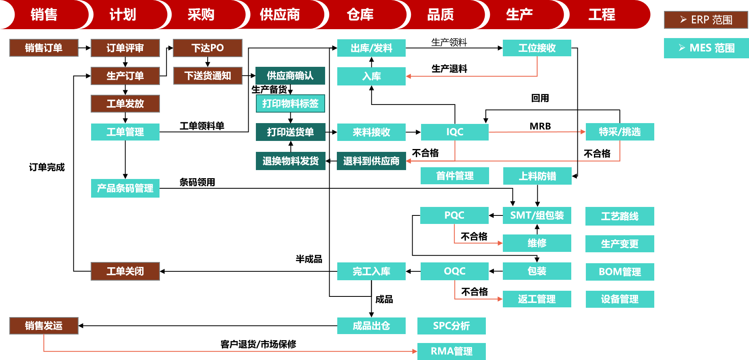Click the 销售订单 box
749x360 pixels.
(44, 48)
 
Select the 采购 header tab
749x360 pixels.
(201, 15)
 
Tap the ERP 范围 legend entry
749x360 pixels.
(706, 20)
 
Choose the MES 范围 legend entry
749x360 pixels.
(706, 48)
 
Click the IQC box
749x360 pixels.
(455, 132)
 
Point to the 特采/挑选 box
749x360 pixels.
(620, 132)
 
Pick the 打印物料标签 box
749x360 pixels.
(290, 104)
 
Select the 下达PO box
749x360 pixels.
(207, 48)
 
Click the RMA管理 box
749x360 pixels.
(451, 351)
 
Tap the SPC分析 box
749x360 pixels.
(451, 326)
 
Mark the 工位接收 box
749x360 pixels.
(537, 48)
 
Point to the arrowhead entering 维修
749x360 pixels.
(500, 243)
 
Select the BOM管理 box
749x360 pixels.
(620, 272)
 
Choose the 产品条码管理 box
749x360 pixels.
(125, 188)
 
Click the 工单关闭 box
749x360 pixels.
(125, 271)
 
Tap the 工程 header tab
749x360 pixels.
(602, 15)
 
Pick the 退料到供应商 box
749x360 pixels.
(371, 161)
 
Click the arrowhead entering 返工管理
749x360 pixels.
(500, 299)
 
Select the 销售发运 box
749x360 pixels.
(44, 326)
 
